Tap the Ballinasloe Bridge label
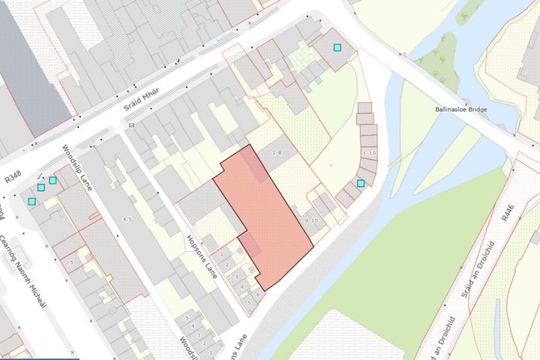[x=461, y=109]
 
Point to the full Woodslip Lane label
[x=76, y=166]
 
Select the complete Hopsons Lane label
[x=201, y=257]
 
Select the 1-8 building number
[x=276, y=153]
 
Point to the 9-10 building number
[x=311, y=220]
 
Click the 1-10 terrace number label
[x=368, y=153]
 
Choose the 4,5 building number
[x=127, y=219]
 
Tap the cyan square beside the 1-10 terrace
[x=361, y=183]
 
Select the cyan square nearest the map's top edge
[x=337, y=47]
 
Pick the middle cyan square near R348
[x=41, y=187]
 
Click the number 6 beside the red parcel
[x=257, y=295]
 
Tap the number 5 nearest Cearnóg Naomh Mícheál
[x=70, y=262]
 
